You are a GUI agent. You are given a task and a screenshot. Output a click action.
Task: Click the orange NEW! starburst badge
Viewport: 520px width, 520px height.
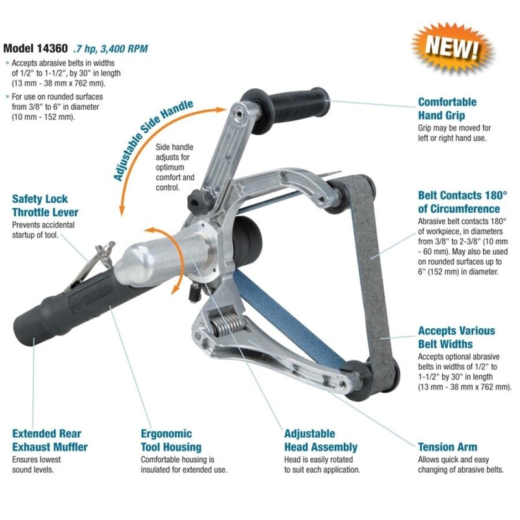[452, 46]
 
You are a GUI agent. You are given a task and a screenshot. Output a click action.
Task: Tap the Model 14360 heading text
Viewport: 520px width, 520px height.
[36, 48]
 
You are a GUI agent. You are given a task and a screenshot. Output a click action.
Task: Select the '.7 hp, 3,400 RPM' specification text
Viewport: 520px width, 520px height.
[110, 49]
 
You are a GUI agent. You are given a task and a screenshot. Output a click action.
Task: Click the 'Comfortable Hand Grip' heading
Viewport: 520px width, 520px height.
[447, 109]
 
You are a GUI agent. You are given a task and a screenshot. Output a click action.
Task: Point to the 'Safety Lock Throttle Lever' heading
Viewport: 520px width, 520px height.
[45, 205]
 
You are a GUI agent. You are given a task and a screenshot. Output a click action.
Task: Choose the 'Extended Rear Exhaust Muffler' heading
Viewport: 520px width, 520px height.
[50, 440]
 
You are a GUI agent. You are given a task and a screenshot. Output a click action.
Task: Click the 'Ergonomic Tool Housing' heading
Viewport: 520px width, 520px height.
[171, 440]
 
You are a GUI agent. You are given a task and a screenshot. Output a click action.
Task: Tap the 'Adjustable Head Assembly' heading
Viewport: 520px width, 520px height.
[320, 440]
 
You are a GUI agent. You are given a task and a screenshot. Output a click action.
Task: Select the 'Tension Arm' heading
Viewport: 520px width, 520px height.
[447, 447]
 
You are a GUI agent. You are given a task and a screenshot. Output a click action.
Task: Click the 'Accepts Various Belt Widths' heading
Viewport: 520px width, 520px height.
[456, 337]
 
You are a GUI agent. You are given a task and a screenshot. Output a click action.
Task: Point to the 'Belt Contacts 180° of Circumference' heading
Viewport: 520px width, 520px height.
[462, 202]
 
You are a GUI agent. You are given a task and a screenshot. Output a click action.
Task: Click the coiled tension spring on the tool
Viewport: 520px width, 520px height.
[229, 325]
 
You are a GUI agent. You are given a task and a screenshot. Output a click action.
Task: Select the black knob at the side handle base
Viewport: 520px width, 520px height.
[198, 202]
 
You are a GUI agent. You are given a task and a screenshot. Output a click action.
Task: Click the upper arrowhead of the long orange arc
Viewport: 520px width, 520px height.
[220, 109]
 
